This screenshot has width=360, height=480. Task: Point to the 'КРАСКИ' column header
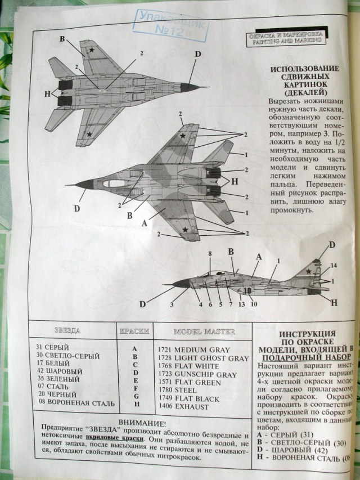[134, 331]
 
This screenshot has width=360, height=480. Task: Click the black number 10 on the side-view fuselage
[247, 291]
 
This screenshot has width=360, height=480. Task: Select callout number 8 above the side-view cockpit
[210, 254]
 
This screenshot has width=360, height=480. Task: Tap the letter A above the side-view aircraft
[259, 255]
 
